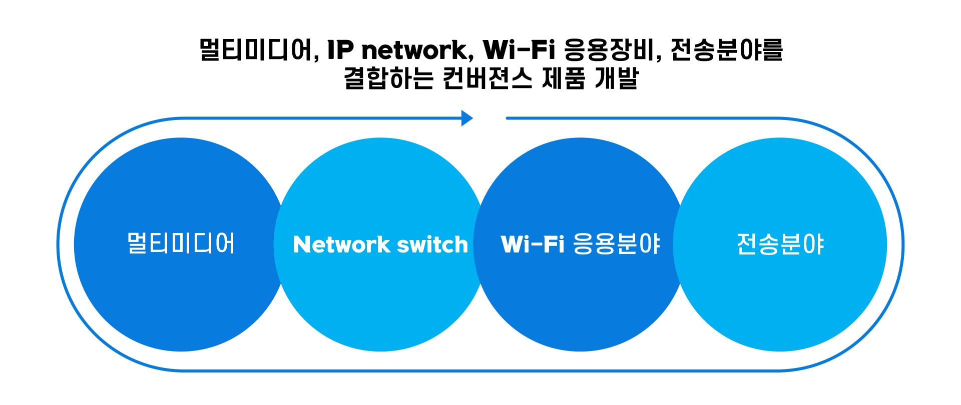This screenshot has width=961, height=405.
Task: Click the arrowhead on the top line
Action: pos(466,118)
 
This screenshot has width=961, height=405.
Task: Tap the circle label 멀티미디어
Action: pos(181,244)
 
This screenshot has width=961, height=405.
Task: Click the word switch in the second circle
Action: pos(432,245)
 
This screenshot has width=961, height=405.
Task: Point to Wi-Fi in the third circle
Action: pos(532,244)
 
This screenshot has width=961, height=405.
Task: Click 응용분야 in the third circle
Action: pos(616,244)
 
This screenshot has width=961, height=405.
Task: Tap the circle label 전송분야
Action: pos(780,244)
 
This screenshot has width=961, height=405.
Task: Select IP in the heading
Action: pos(340,50)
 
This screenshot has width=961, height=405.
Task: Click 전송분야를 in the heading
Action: pos(726,50)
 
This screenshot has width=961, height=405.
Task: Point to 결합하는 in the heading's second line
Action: pos(388,78)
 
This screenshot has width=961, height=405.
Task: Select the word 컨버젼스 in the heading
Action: pos(488,78)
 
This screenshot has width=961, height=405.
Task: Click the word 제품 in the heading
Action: pos(564,78)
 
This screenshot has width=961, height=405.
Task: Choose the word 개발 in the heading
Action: pos(617,78)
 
